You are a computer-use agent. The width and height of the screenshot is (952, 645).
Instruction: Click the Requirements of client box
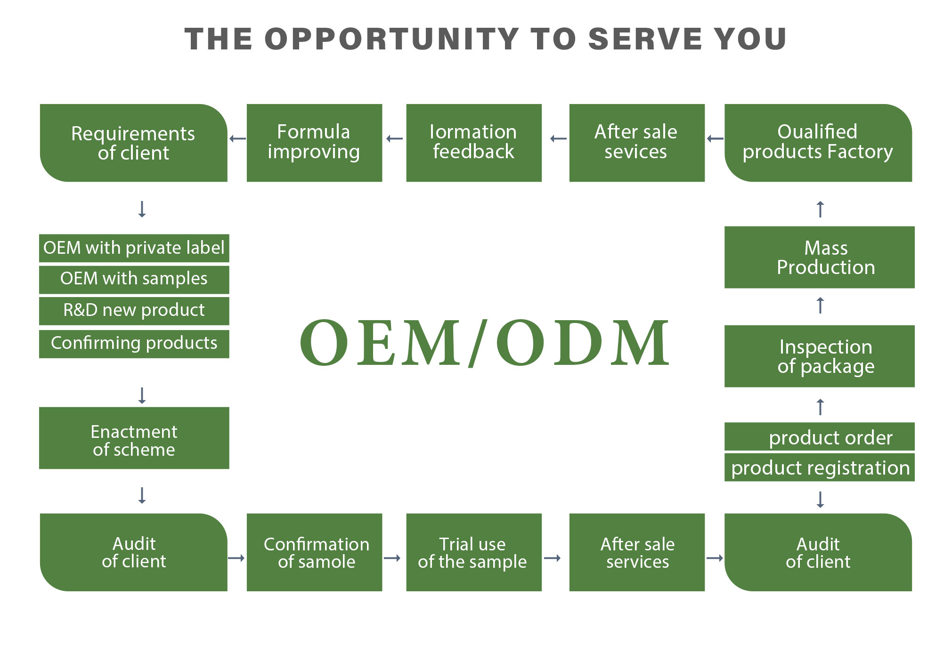[x=134, y=143]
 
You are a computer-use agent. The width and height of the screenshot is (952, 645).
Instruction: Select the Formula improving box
[x=314, y=143]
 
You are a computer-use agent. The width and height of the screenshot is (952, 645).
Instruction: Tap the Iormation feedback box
[x=473, y=143]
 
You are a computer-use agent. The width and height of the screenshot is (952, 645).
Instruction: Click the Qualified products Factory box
[x=818, y=143]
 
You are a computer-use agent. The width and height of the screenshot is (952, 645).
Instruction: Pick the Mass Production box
[x=819, y=257]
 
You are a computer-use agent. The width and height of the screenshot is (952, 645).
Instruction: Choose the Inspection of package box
[x=819, y=356]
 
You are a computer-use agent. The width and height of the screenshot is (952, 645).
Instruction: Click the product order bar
[x=819, y=437]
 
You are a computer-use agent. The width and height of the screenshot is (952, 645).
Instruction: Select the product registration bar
[x=819, y=467]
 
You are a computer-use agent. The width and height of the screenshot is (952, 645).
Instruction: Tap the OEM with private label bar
[x=134, y=248]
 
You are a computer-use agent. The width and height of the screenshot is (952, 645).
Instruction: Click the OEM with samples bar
[x=134, y=279]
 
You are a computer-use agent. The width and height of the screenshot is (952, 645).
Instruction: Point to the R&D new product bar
[x=134, y=310]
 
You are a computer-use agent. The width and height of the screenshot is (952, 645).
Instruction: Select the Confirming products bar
[x=134, y=343]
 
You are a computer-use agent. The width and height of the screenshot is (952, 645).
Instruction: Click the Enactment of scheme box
[x=134, y=438]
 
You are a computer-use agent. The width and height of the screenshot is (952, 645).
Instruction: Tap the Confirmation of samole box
[x=314, y=552]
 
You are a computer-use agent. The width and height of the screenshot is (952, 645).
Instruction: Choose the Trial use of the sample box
[x=473, y=552]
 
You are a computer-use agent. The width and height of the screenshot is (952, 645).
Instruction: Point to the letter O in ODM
[x=520, y=343]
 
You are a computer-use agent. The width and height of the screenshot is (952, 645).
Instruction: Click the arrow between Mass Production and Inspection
[x=820, y=305]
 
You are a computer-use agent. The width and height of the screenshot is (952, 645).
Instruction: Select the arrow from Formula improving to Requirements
[x=237, y=138]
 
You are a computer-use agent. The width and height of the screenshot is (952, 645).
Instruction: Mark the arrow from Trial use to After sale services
[x=552, y=558]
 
